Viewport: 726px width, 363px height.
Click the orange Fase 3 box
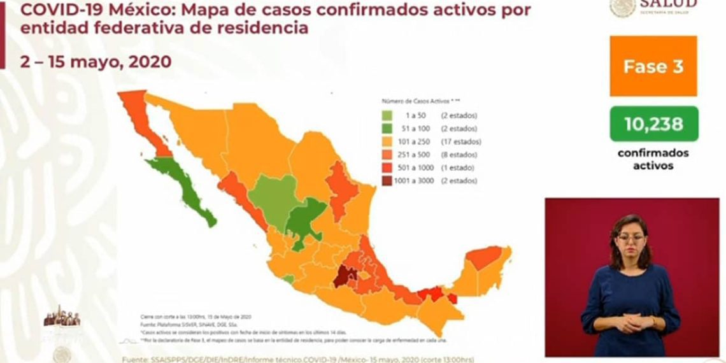coord(653,66)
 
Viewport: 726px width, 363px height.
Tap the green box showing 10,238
coord(653,124)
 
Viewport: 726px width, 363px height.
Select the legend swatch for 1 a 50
coord(387,116)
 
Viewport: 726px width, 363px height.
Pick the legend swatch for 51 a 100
coord(387,129)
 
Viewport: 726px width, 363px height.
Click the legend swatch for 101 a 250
coord(387,141)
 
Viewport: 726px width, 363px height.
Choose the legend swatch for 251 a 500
coord(387,155)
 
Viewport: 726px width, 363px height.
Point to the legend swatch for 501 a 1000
coord(387,167)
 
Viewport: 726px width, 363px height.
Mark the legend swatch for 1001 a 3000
coord(387,181)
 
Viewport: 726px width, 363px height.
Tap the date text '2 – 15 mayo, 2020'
coord(88,62)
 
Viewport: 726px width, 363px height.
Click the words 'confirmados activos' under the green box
coord(653,159)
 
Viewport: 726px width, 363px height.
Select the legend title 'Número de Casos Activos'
coord(418,101)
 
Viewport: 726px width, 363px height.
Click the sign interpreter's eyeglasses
coord(630,238)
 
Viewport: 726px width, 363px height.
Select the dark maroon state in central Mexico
coord(346,275)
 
